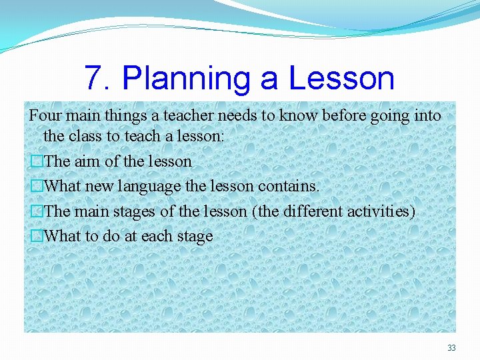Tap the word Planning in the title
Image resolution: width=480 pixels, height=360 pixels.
187,78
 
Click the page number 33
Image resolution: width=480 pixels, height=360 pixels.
451,348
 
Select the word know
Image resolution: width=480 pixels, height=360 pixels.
298,115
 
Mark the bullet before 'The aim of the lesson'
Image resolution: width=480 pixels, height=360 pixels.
36,161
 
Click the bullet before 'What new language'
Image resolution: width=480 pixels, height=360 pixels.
36,187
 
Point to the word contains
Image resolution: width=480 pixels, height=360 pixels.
289,186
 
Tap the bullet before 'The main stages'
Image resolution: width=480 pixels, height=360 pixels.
36,211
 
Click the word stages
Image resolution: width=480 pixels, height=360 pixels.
137,211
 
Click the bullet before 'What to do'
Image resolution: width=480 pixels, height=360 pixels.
36,236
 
